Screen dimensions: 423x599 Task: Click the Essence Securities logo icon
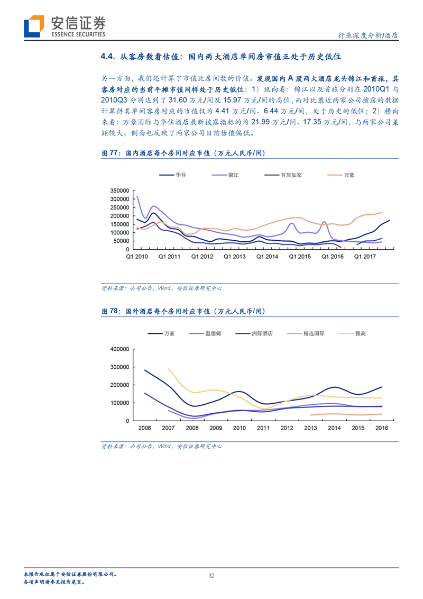pyautogui.click(x=34, y=26)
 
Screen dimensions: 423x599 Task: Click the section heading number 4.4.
pyautogui.click(x=108, y=57)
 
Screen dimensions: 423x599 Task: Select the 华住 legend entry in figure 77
pyautogui.click(x=172, y=175)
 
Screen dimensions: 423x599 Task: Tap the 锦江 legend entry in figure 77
pyautogui.click(x=225, y=175)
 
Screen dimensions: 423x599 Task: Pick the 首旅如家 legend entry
pyautogui.click(x=283, y=175)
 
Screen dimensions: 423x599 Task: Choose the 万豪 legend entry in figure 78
pyautogui.click(x=161, y=333)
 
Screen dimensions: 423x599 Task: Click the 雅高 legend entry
pyautogui.click(x=352, y=333)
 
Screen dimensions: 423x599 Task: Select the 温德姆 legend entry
pyautogui.click(x=205, y=333)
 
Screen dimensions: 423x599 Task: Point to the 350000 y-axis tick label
pyautogui.click(x=119, y=190)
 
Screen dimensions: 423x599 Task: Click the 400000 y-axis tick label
pyautogui.click(x=119, y=349)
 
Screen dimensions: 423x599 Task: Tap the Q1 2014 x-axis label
pyautogui.click(x=267, y=257)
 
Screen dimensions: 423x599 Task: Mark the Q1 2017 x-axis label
pyautogui.click(x=365, y=257)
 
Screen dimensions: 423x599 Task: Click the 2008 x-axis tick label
pyautogui.click(x=192, y=428)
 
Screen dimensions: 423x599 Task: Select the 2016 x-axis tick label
pyautogui.click(x=382, y=428)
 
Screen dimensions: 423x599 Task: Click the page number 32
pyautogui.click(x=212, y=576)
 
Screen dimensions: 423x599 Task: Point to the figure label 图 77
pyautogui.click(x=110, y=153)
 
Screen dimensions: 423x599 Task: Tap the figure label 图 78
pyautogui.click(x=110, y=311)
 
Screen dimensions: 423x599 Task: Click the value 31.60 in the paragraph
pyautogui.click(x=178, y=100)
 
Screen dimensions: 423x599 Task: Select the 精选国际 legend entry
pyautogui.click(x=306, y=333)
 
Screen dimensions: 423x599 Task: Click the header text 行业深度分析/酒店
pyautogui.click(x=368, y=35)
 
